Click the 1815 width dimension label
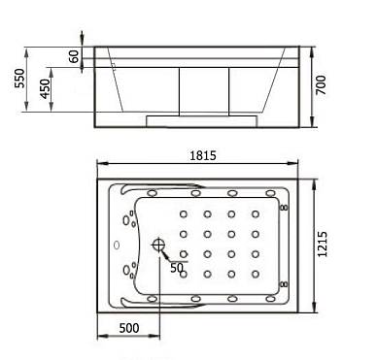point(203,155)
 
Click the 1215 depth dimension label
point(322,245)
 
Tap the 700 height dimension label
point(321,84)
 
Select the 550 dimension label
point(19,78)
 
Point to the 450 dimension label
point(45,88)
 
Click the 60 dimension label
point(74,56)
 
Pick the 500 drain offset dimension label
point(129,328)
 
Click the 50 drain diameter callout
point(177,268)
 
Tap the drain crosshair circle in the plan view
point(158,245)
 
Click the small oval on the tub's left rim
point(117,245)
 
